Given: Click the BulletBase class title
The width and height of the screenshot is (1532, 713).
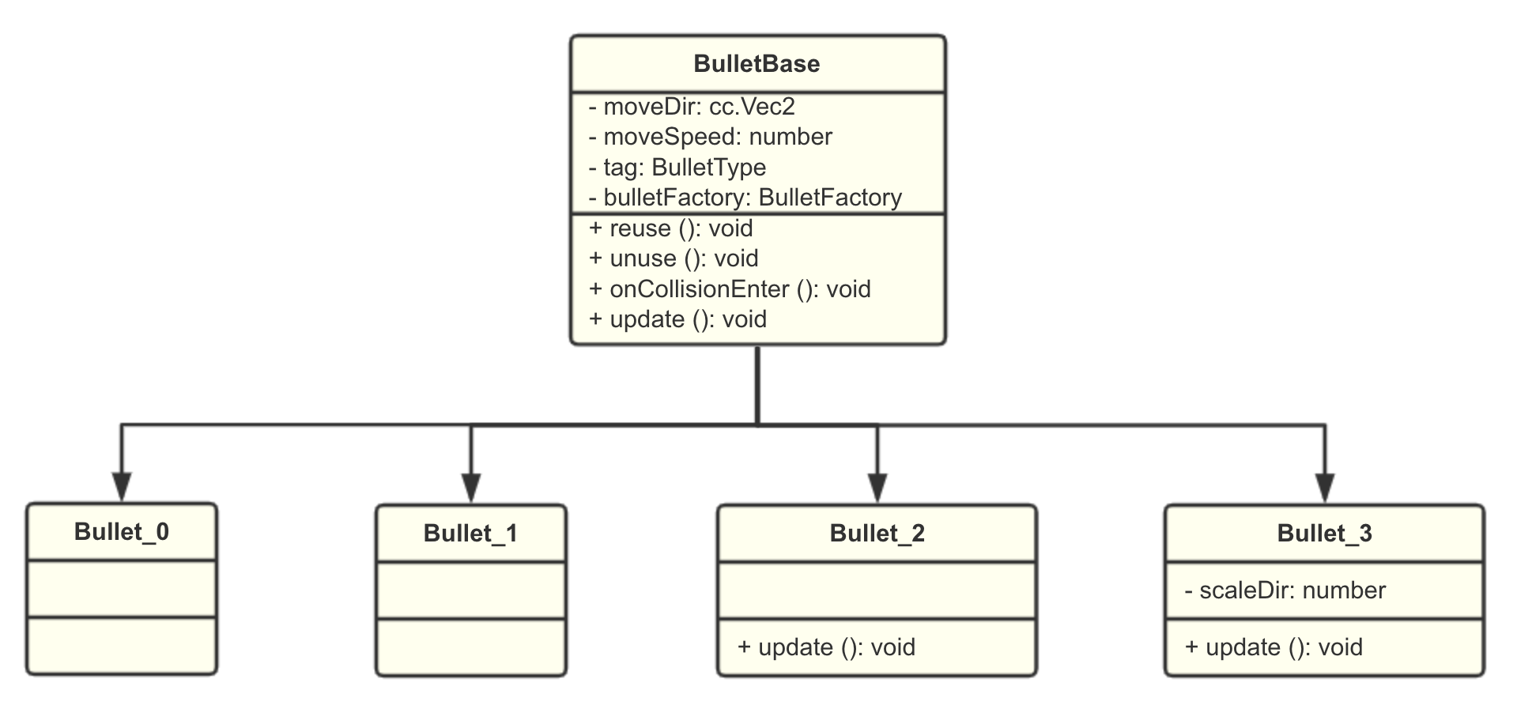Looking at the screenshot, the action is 757,64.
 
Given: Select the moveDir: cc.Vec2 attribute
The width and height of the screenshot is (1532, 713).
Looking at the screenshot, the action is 692,107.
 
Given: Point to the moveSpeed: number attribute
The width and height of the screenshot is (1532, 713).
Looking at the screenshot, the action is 710,138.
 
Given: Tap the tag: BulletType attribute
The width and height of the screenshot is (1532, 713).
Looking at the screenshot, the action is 677,168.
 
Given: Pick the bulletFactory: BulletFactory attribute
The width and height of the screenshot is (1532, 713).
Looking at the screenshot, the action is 745,198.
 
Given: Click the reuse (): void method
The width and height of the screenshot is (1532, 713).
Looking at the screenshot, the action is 670,228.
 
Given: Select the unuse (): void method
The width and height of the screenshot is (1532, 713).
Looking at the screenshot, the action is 674,258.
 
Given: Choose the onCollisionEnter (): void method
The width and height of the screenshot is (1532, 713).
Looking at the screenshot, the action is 730,289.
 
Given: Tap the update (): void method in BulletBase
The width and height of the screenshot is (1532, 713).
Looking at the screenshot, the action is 677,319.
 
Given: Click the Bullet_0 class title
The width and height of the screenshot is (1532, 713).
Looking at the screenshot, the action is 122,532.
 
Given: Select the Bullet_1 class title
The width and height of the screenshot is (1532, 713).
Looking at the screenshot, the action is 471,534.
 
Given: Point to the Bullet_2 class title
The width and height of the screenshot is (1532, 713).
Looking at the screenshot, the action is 877,534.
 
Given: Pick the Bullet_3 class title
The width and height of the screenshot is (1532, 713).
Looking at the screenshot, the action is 1325,534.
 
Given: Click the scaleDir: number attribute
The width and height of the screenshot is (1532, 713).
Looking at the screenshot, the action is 1285,590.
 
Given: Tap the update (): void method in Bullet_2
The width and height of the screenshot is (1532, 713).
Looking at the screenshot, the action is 826,647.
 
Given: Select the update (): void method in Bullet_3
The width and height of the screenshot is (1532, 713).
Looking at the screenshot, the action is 1274,647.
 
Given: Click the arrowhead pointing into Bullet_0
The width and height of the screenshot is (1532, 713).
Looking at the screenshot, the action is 122,487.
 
